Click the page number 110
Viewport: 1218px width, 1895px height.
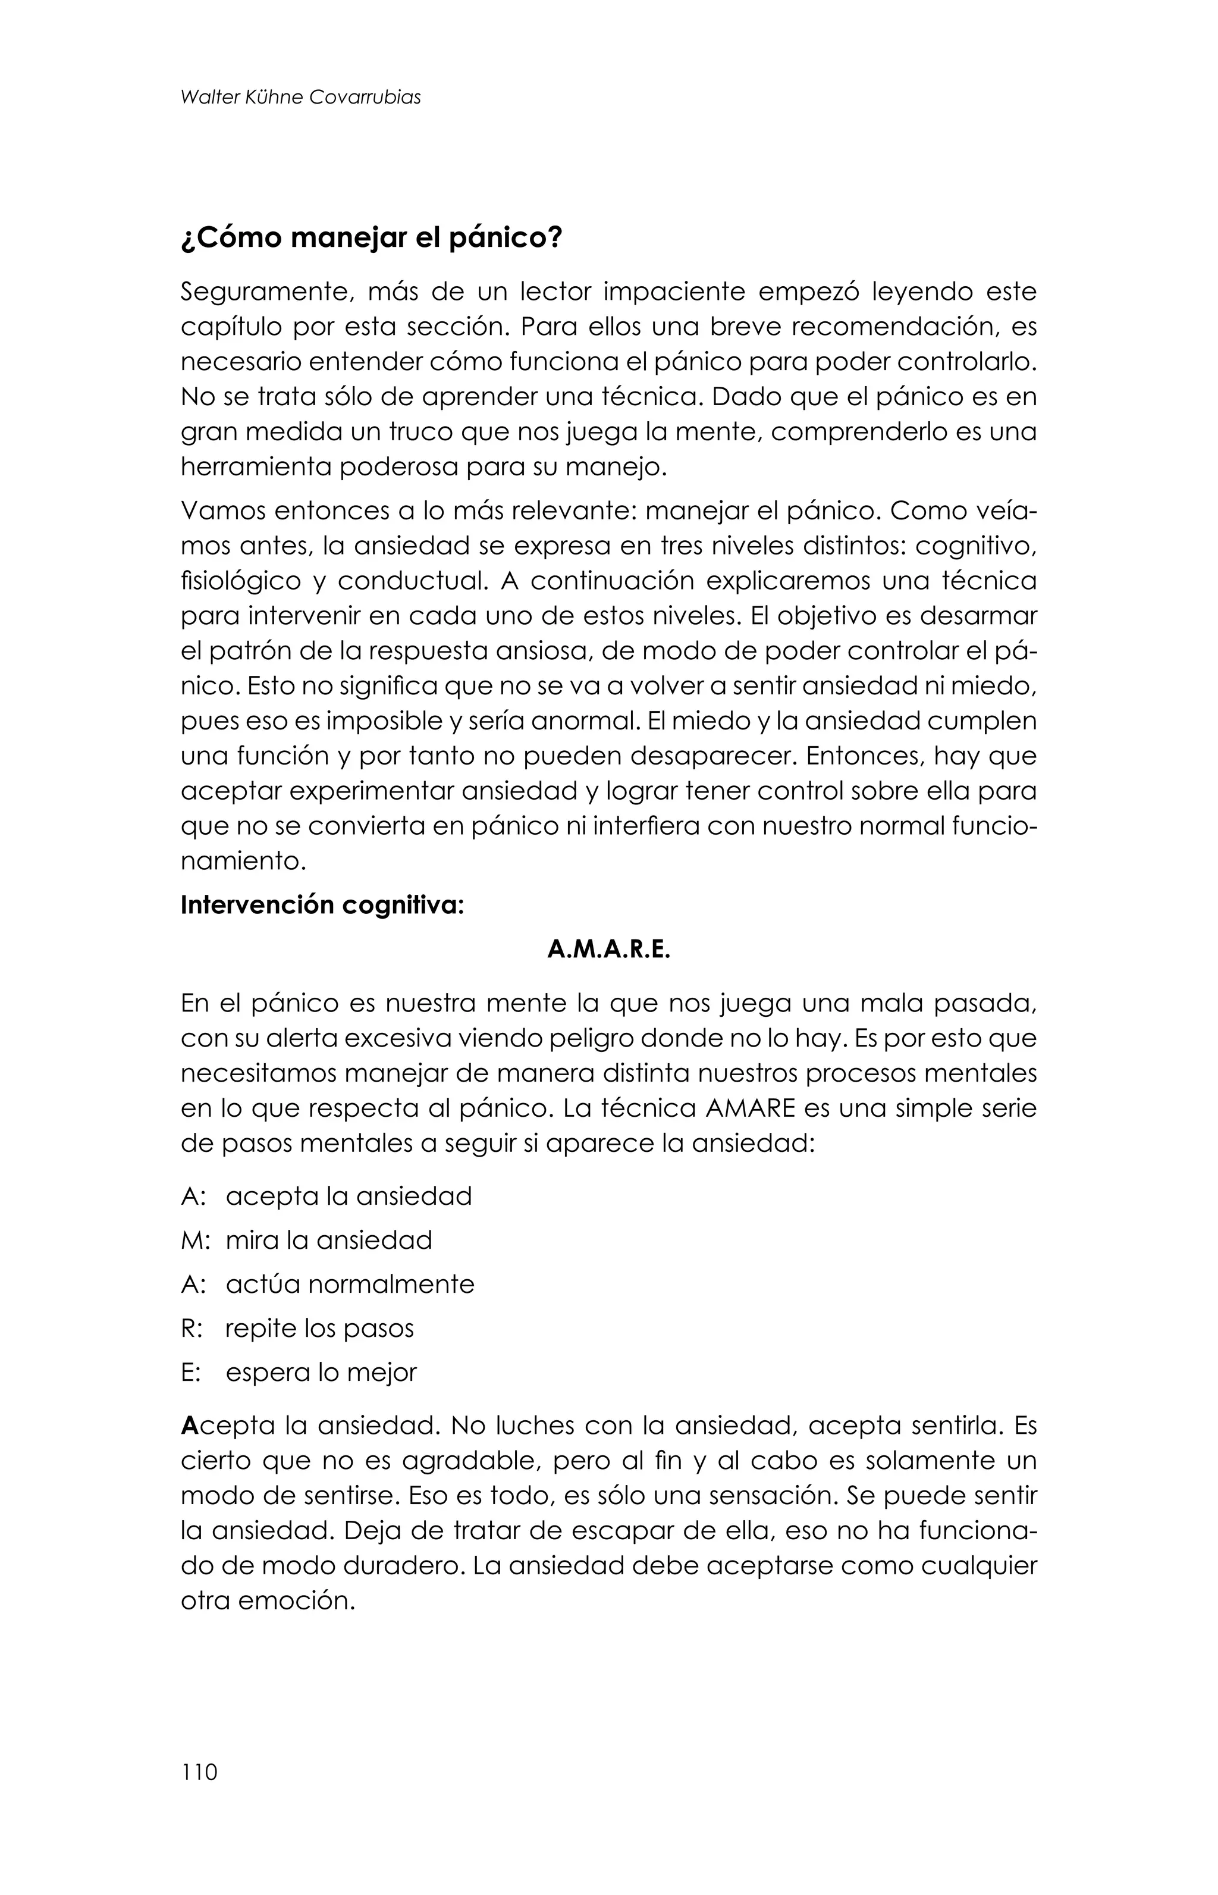199,1772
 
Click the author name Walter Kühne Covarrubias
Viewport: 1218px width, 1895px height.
300,98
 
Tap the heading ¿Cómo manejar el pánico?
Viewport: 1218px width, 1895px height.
371,237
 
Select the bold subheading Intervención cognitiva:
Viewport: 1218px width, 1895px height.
322,904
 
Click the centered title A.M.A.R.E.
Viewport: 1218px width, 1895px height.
608,950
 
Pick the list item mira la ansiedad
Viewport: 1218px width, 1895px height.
329,1239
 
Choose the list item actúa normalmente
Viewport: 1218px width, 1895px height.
350,1283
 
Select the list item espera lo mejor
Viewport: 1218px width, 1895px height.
321,1372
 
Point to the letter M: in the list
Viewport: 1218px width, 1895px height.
195,1239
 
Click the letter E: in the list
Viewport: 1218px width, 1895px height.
192,1372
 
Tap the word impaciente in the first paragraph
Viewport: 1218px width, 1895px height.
674,292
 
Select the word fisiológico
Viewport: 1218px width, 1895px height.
240,581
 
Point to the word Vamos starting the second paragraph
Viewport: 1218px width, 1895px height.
221,511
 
